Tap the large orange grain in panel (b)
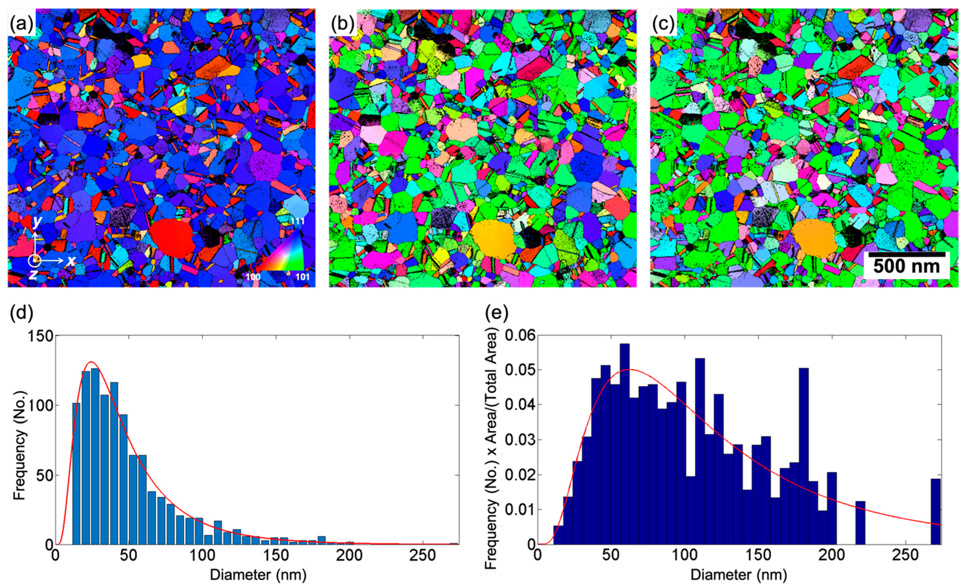tap(494, 238)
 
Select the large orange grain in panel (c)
tap(814, 238)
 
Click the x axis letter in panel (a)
tap(71, 260)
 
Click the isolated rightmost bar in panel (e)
tap(936, 511)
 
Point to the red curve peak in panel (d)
tap(91, 362)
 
